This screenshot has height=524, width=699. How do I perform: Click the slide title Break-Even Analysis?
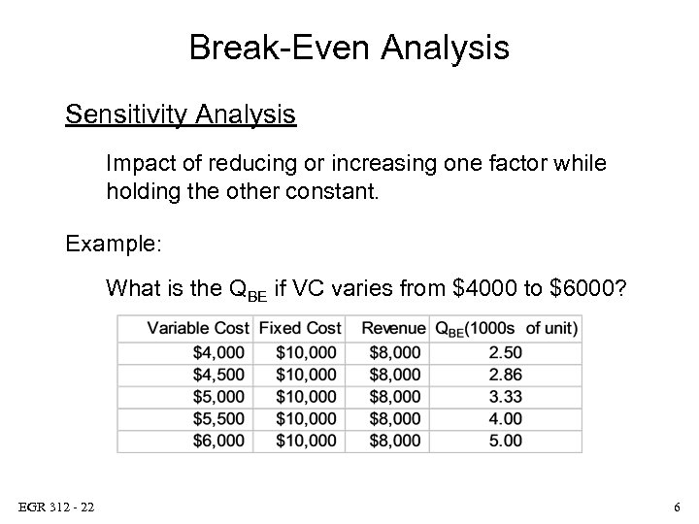click(349, 47)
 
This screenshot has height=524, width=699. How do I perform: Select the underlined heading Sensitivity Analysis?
click(181, 115)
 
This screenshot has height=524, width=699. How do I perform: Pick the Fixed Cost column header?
click(300, 328)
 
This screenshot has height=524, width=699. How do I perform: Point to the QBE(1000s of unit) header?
click(506, 328)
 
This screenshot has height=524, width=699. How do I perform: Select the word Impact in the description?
click(136, 164)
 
